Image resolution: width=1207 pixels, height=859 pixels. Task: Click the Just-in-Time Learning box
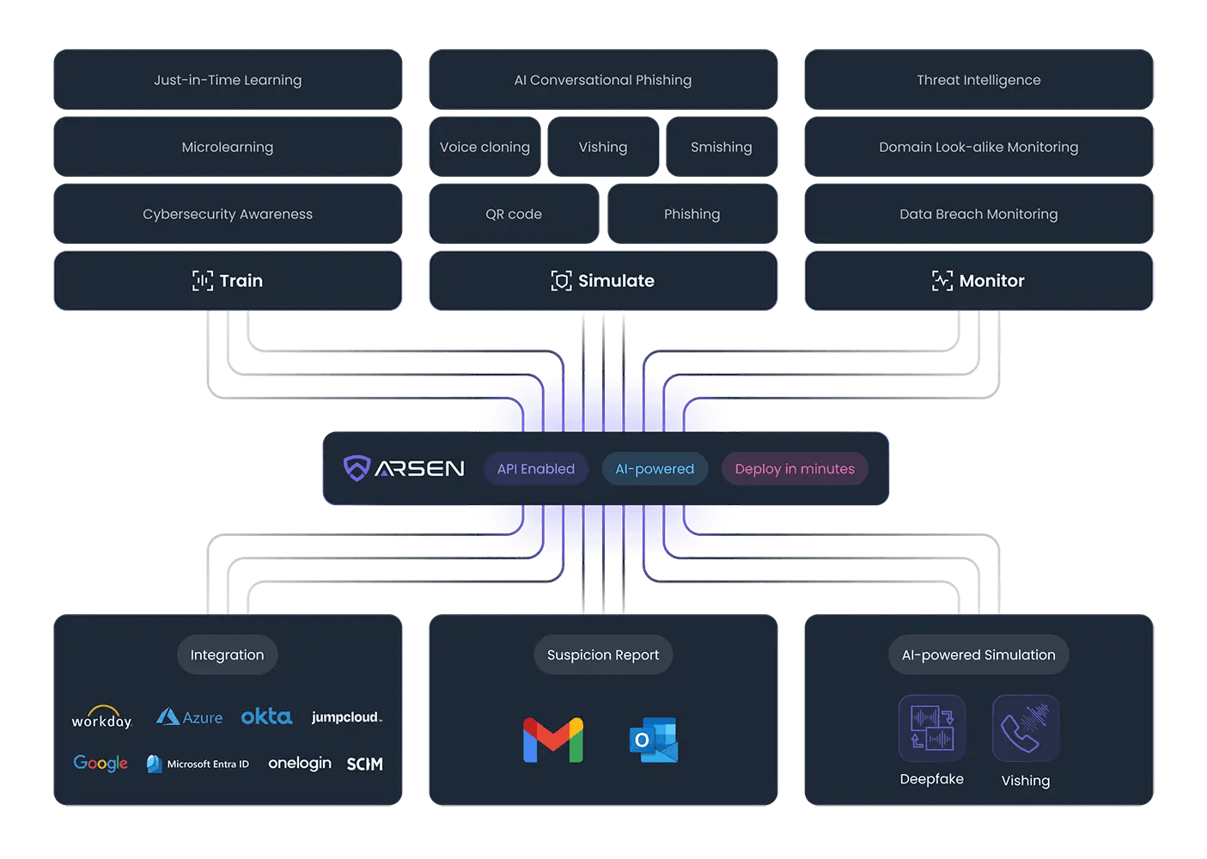click(x=228, y=80)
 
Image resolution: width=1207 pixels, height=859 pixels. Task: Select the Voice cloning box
click(x=485, y=147)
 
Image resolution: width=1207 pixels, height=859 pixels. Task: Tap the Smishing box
click(x=721, y=147)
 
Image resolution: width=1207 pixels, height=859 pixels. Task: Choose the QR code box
click(x=514, y=214)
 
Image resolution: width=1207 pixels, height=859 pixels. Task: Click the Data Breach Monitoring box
click(x=978, y=214)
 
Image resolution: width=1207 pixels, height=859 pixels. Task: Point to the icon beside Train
click(x=203, y=281)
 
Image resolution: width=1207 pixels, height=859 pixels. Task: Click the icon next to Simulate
click(x=561, y=281)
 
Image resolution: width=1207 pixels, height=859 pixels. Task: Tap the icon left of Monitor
click(x=942, y=281)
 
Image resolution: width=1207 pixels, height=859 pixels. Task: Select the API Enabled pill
click(x=536, y=469)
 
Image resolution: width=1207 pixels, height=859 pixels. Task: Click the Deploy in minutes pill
click(x=795, y=469)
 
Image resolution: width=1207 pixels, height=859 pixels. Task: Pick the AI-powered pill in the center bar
click(x=655, y=469)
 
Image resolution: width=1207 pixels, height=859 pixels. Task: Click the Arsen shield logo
click(x=357, y=468)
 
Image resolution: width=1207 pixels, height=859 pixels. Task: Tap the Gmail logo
click(x=553, y=740)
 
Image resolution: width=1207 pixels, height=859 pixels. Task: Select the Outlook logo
click(x=654, y=740)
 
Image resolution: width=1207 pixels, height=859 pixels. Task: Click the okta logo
click(x=266, y=716)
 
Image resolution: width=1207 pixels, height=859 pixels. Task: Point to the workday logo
click(x=101, y=718)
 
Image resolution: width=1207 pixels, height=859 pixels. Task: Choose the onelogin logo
click(x=300, y=764)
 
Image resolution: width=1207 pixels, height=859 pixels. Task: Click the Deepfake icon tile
click(x=932, y=728)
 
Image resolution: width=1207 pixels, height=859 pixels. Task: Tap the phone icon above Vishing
click(x=1025, y=728)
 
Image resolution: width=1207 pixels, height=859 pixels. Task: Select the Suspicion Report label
click(x=603, y=655)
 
